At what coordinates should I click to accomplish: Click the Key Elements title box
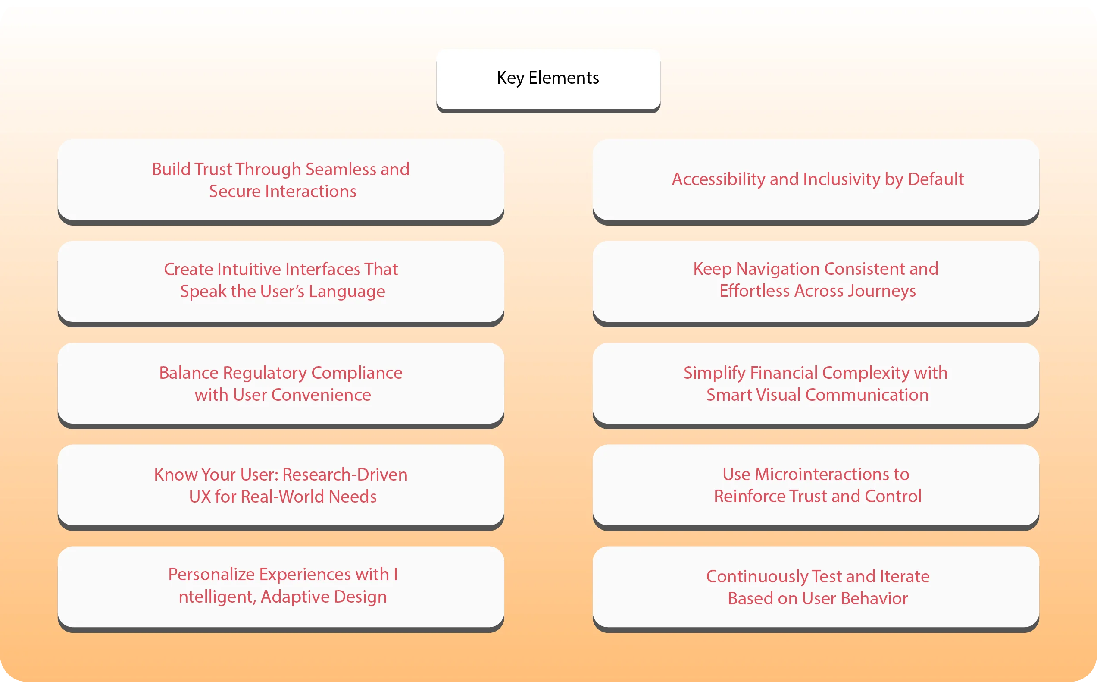pos(548,79)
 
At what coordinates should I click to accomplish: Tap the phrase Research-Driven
pos(345,475)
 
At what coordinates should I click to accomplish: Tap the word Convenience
pos(320,395)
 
